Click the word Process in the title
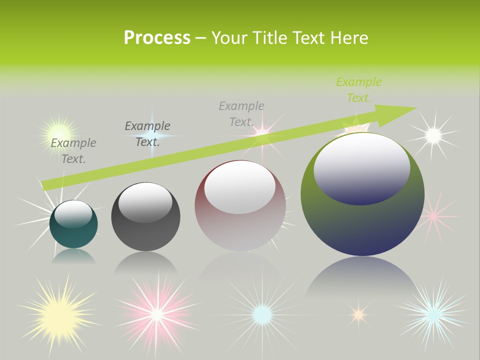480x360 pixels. point(157,37)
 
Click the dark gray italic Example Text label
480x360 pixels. point(147,134)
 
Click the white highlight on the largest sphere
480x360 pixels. point(361,167)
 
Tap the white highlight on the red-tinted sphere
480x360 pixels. point(239,186)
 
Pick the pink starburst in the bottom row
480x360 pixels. point(157,313)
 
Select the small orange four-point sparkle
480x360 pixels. point(358,314)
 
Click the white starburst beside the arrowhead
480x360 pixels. point(433,134)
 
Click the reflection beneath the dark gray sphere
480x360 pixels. point(145,262)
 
